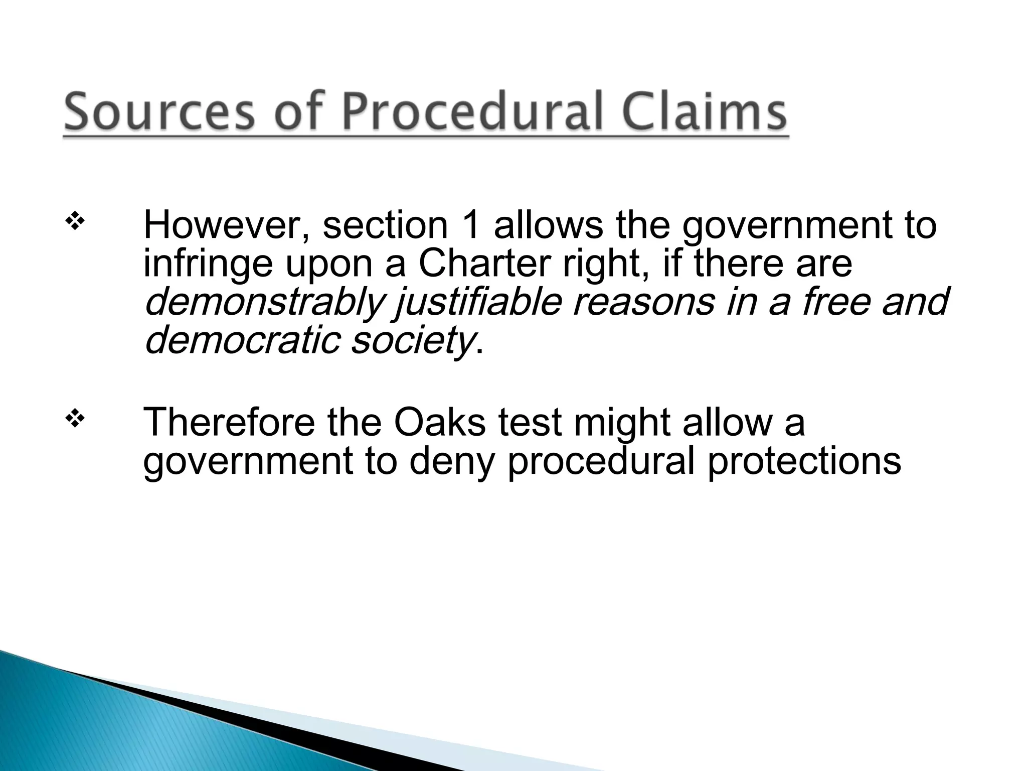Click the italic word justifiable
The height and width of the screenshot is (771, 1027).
point(476,303)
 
